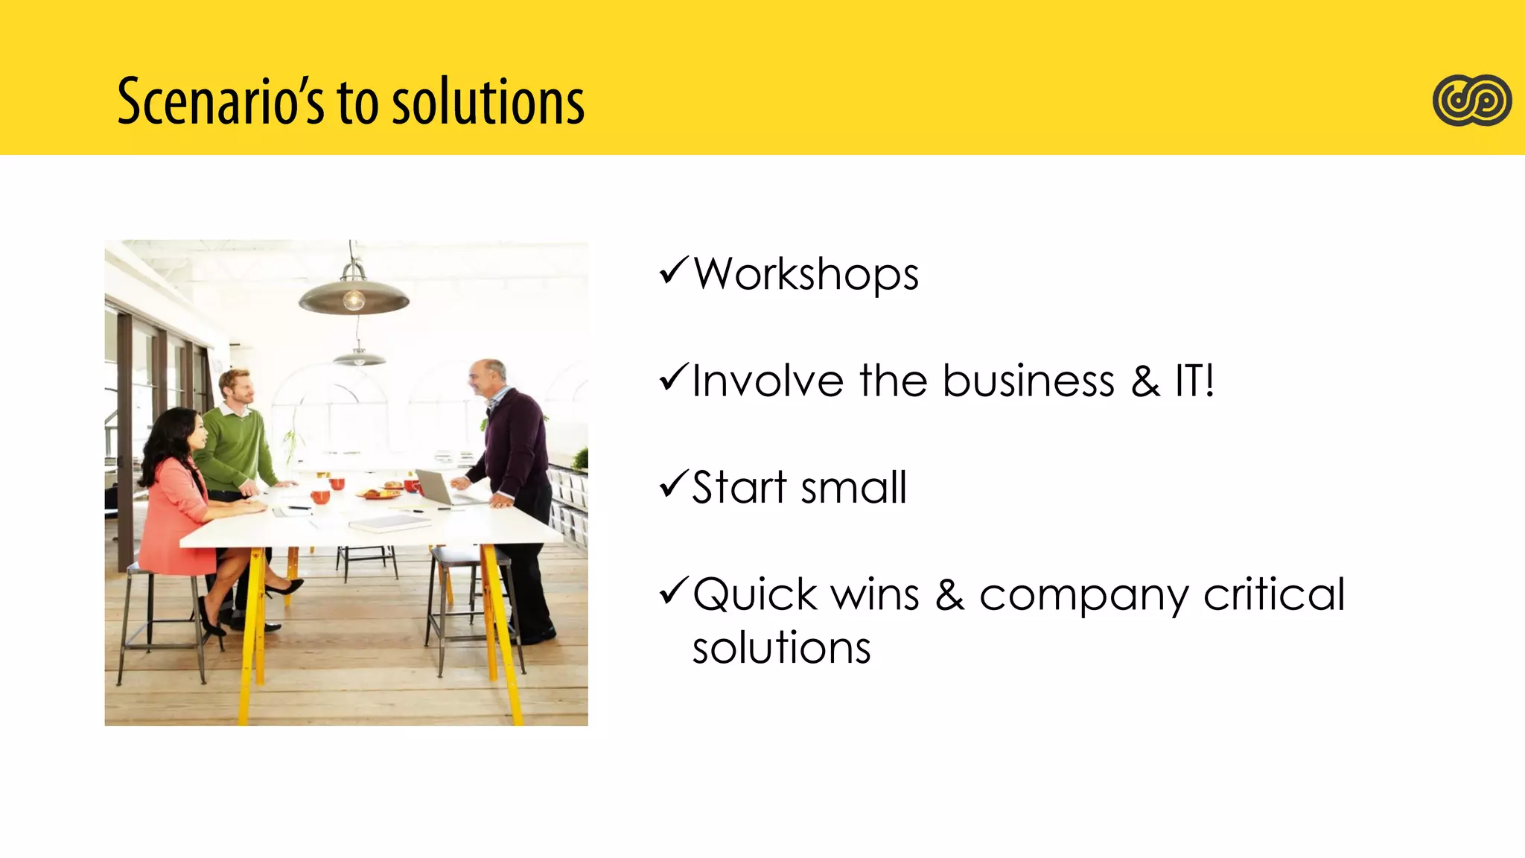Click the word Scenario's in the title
pos(220,101)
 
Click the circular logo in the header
pos(1471,101)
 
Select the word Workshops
pos(806,275)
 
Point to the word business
pos(1028,381)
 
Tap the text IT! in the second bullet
pos(1194,381)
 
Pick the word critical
pos(1274,594)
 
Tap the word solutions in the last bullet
pos(781,647)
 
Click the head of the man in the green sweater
pos(237,387)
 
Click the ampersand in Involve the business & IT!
pos(1145,381)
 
